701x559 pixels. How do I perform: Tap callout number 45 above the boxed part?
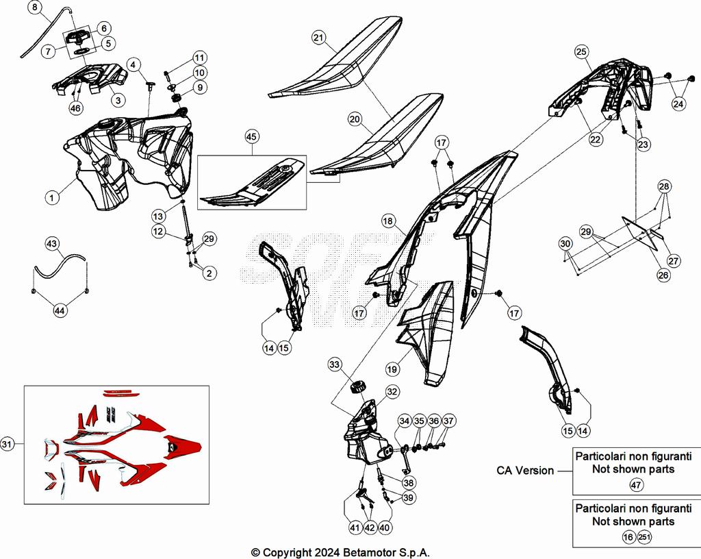click(252, 137)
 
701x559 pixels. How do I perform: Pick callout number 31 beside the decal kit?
click(8, 445)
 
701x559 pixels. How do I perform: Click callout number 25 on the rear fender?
click(581, 51)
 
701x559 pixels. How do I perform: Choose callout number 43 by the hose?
click(52, 244)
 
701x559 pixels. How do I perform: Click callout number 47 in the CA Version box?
click(636, 484)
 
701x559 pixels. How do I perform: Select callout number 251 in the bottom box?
click(643, 537)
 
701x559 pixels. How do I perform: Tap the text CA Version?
click(525, 471)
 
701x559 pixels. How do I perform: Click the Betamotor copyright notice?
click(341, 552)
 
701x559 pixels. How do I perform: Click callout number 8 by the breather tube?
click(36, 9)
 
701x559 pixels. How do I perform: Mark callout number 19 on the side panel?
click(392, 369)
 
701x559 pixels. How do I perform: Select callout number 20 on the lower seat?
click(354, 119)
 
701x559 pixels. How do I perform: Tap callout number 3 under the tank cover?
click(118, 100)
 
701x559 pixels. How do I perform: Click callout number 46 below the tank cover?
click(75, 108)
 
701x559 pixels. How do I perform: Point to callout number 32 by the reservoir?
click(392, 392)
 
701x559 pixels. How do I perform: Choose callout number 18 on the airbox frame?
click(388, 221)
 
